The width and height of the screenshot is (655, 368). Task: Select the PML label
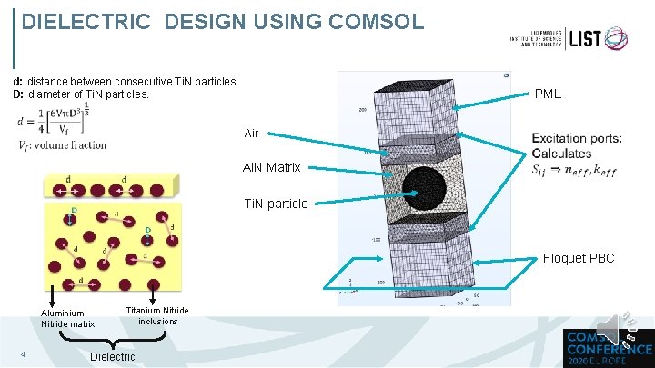tap(548, 94)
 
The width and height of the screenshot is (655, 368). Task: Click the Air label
tap(251, 133)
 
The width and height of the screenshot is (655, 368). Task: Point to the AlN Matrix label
tap(271, 167)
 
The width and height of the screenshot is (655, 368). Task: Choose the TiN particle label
tap(275, 203)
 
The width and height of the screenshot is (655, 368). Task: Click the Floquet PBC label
tap(579, 258)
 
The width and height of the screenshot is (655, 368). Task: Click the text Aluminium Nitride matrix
tap(67, 319)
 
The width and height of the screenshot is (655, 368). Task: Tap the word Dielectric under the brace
tap(113, 356)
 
